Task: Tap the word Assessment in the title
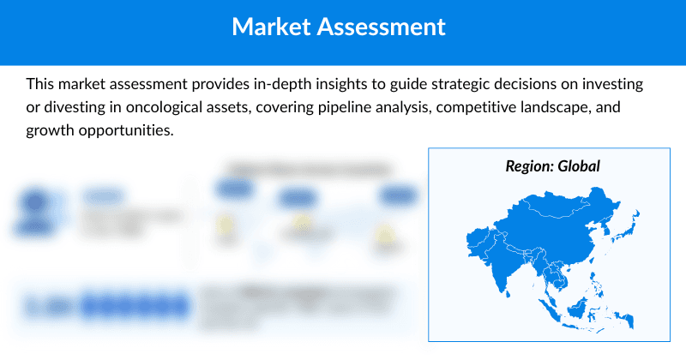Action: click(x=382, y=27)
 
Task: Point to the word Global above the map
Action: click(x=579, y=166)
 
